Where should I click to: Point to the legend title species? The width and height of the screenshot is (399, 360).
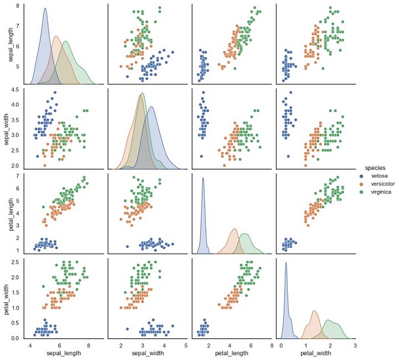click(x=374, y=168)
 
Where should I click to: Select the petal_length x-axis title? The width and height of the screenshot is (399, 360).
click(x=231, y=353)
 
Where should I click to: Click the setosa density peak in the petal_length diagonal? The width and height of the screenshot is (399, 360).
click(x=203, y=178)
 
